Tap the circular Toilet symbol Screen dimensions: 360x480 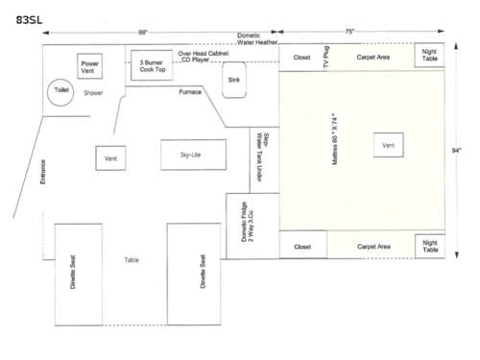[61, 92]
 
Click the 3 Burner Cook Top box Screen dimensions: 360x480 [152, 66]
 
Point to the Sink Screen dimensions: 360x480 [234, 82]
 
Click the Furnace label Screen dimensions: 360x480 [190, 93]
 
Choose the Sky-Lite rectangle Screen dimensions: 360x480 [194, 154]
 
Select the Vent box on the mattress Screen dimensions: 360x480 [389, 146]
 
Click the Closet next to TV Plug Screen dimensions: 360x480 [301, 58]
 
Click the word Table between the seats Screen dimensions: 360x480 [132, 260]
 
